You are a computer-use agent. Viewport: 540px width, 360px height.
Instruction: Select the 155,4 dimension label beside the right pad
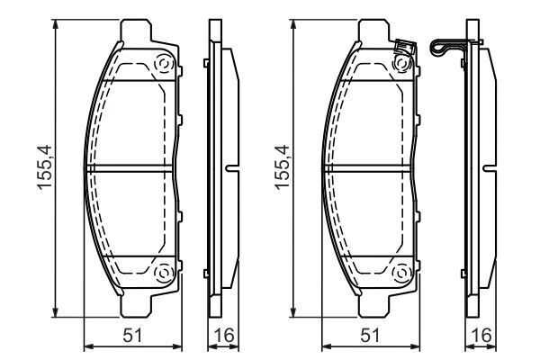(282, 168)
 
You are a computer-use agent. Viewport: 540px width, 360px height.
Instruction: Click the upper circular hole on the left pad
(163, 65)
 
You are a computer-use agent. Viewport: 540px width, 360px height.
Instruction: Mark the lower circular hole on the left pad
(163, 273)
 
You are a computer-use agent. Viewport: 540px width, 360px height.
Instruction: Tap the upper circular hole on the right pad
(402, 65)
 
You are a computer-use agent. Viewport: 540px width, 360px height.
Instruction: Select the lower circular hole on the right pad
(402, 273)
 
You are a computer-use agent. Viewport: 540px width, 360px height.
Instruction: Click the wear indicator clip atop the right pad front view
(404, 46)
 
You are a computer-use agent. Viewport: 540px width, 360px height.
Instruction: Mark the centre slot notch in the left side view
(232, 168)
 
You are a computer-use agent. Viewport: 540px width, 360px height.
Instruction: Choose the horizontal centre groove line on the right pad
(368, 168)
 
